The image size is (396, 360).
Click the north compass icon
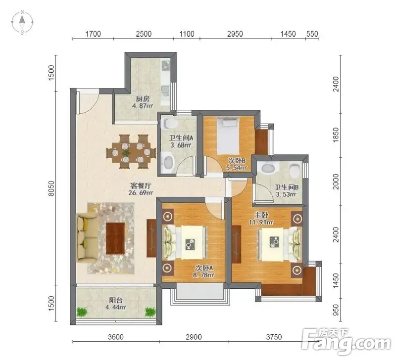point(22,22)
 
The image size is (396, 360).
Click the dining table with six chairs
point(131,152)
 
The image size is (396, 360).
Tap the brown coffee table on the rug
point(115,238)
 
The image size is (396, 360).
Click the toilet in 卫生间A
point(169,124)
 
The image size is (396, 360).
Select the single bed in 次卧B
point(228,135)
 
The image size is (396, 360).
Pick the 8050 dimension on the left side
point(51,188)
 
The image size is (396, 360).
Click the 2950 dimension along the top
point(235,34)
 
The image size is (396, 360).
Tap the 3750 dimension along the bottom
point(274,337)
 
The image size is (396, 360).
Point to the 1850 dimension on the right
point(336,135)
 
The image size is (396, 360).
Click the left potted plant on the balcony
point(82,312)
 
